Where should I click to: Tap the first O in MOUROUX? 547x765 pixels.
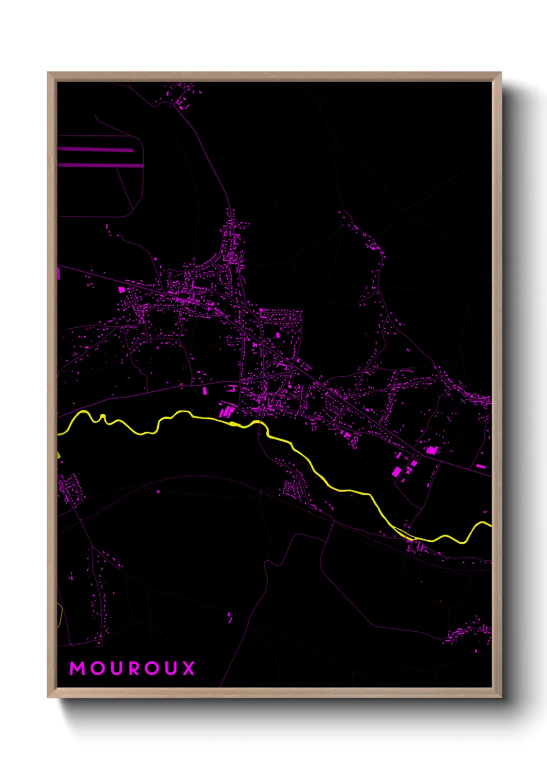[x=97, y=668]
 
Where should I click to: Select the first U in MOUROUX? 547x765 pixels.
[x=116, y=668]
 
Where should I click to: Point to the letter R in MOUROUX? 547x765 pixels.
[x=134, y=668]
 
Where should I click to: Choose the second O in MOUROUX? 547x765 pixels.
[x=153, y=668]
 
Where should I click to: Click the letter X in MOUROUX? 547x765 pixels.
[x=189, y=668]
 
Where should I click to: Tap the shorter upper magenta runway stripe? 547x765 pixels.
[x=96, y=149]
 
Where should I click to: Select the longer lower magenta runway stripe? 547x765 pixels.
[x=100, y=165]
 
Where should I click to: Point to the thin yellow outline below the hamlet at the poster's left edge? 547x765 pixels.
[x=61, y=615]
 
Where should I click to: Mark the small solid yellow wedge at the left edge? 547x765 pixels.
[x=59, y=455]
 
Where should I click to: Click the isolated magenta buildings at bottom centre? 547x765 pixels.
[x=230, y=616]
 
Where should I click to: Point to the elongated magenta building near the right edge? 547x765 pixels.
[x=481, y=467]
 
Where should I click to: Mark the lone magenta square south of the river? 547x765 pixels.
[x=158, y=492]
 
